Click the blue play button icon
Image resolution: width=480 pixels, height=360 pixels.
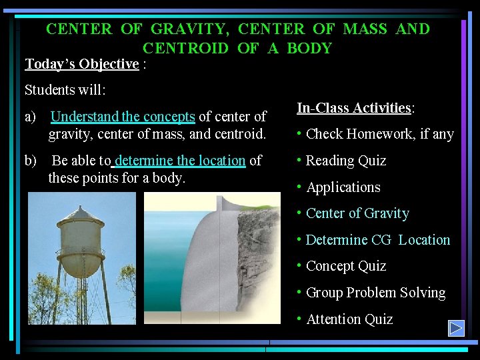[456, 328]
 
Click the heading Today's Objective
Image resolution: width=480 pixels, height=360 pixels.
[81, 64]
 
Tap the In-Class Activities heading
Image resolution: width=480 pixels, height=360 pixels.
[354, 108]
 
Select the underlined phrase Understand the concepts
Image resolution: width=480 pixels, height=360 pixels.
[123, 117]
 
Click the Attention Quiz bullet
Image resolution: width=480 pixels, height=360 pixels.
[349, 319]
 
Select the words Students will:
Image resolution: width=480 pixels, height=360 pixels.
[65, 89]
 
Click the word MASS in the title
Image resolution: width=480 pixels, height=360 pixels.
[365, 29]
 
